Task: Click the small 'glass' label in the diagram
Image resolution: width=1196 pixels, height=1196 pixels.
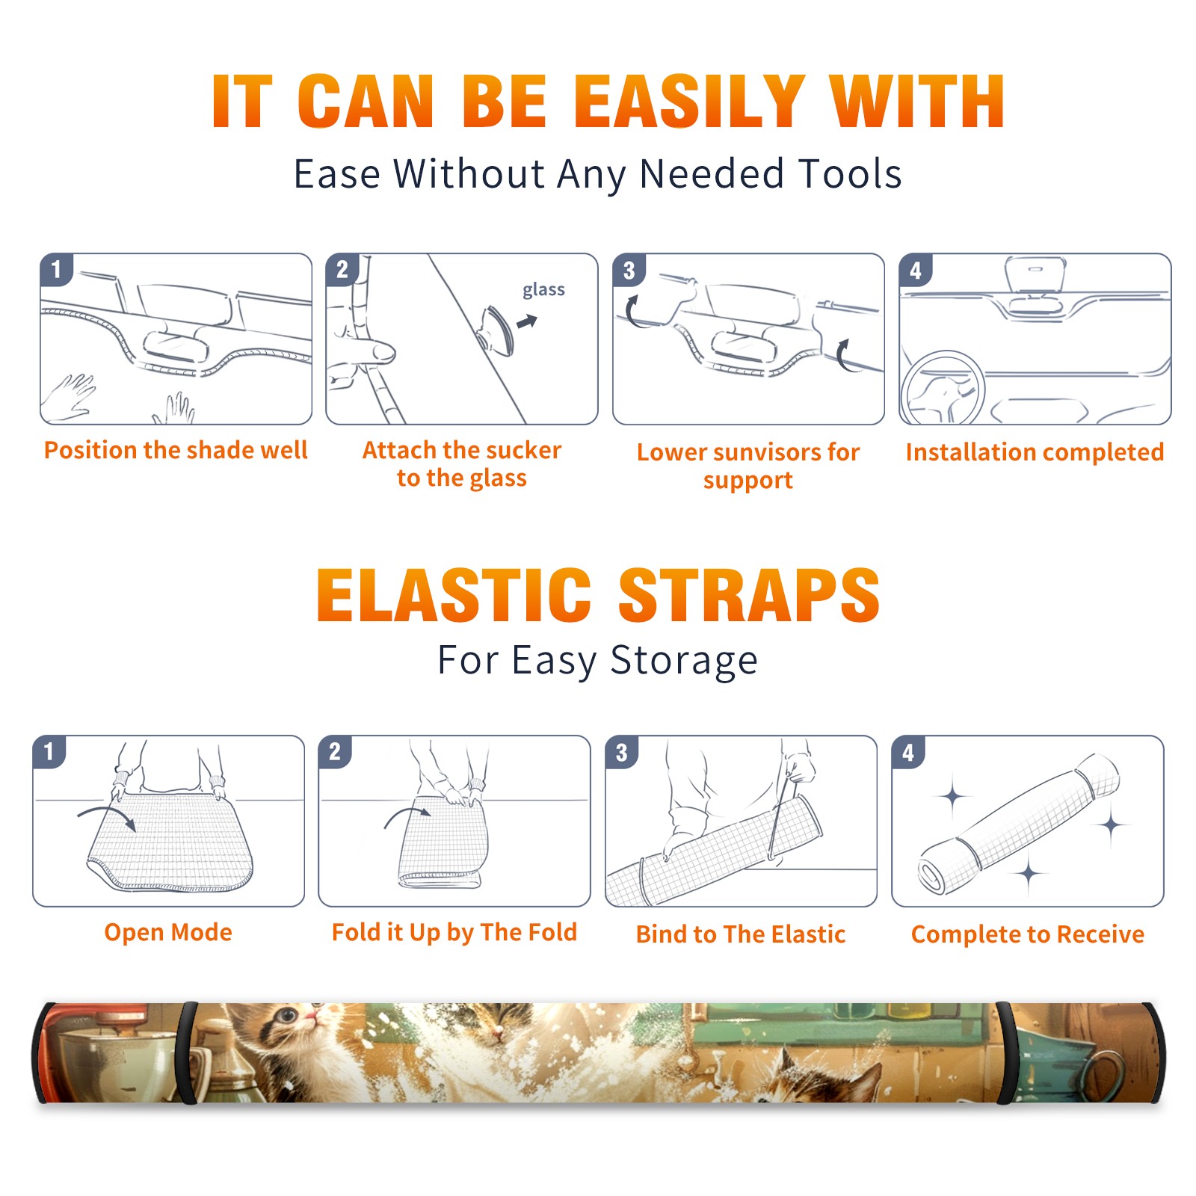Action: (x=543, y=290)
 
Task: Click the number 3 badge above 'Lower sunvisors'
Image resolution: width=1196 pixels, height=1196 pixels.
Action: (x=629, y=270)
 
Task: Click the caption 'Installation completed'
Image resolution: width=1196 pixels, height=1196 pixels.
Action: (x=1035, y=452)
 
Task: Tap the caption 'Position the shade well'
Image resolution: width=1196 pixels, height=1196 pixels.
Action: (x=176, y=450)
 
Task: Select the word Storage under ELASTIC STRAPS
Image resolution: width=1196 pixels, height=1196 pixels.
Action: (x=684, y=661)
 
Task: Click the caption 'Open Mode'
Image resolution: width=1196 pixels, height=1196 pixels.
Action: (x=168, y=932)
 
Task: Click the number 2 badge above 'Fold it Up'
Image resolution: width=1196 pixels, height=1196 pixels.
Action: (x=334, y=751)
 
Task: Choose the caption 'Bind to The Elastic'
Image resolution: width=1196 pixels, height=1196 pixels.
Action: (x=741, y=934)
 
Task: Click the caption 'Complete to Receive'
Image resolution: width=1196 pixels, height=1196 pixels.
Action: (x=1028, y=934)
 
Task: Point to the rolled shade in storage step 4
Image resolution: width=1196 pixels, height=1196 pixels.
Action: (x=1019, y=824)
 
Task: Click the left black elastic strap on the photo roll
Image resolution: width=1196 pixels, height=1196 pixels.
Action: (x=188, y=1052)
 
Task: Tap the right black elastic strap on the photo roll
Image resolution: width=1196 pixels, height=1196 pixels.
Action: (x=1006, y=1053)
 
